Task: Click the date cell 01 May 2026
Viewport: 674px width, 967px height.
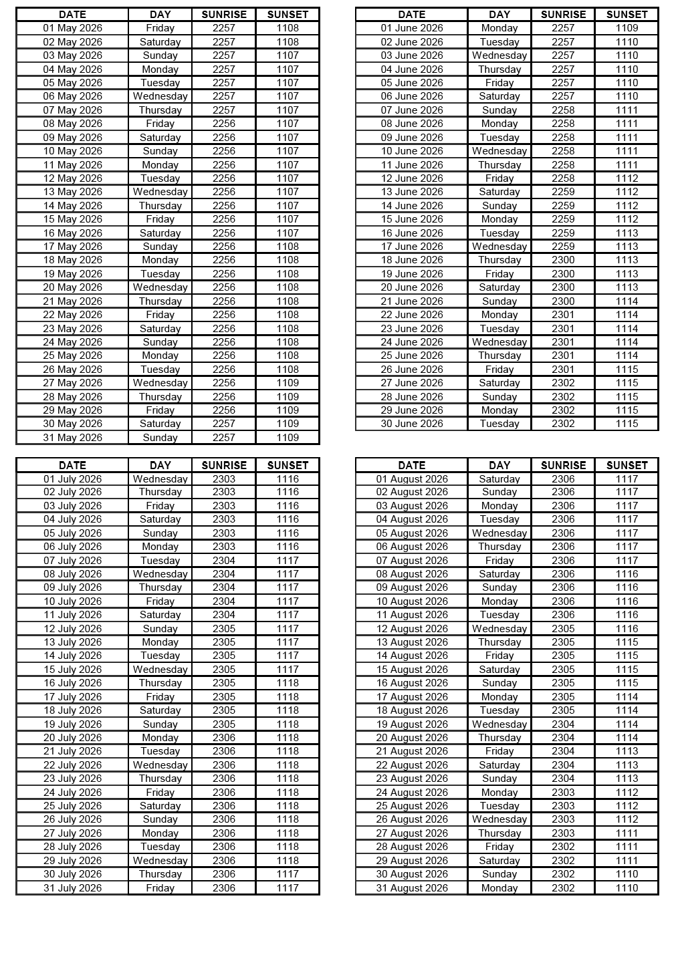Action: click(72, 28)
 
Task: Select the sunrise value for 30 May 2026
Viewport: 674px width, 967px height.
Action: click(224, 424)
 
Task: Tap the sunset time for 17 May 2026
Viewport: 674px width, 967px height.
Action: click(288, 247)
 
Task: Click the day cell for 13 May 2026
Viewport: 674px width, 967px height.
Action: click(160, 192)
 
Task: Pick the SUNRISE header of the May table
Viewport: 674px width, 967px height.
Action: click(224, 14)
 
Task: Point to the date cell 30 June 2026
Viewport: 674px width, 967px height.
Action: click(412, 424)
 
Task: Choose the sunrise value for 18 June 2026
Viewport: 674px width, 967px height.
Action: click(563, 260)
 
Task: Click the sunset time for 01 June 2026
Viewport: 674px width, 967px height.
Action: click(627, 28)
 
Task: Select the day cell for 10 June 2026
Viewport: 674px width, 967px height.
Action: click(499, 151)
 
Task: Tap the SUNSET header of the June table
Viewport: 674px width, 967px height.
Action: click(627, 14)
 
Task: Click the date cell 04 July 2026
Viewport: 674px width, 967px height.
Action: click(72, 519)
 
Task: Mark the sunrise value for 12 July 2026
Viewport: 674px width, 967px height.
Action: click(224, 629)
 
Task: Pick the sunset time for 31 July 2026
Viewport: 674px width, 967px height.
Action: click(288, 888)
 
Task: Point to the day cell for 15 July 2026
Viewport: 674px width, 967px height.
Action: click(160, 670)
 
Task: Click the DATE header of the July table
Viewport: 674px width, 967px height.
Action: click(72, 465)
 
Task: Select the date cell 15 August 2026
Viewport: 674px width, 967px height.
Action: click(412, 670)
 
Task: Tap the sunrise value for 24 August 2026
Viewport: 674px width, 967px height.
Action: click(563, 793)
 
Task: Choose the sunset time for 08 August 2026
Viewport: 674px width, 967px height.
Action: click(627, 574)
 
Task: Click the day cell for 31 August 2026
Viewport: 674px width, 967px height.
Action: click(499, 888)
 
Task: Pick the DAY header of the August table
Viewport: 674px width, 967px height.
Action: click(499, 465)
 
